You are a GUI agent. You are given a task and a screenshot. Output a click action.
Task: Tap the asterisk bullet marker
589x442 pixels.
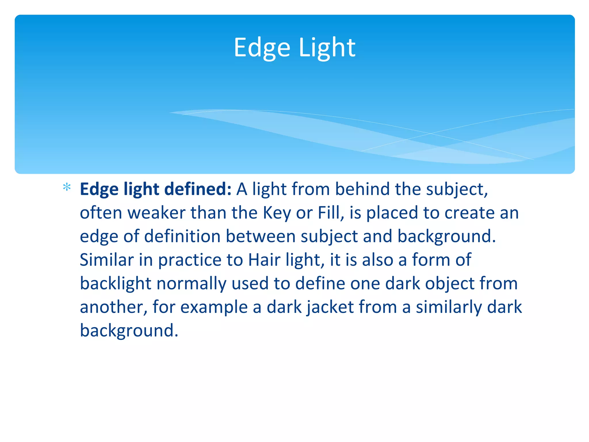67,187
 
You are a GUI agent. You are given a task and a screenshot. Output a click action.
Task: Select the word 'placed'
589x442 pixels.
392,213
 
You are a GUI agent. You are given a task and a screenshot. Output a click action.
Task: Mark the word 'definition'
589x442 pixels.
182,236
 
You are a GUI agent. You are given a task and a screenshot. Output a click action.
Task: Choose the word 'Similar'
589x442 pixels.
107,260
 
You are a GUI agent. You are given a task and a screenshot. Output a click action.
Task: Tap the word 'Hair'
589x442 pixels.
264,260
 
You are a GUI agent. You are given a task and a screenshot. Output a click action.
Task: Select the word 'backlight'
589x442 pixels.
116,283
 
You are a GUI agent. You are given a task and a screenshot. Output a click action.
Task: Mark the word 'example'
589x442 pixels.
214,307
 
